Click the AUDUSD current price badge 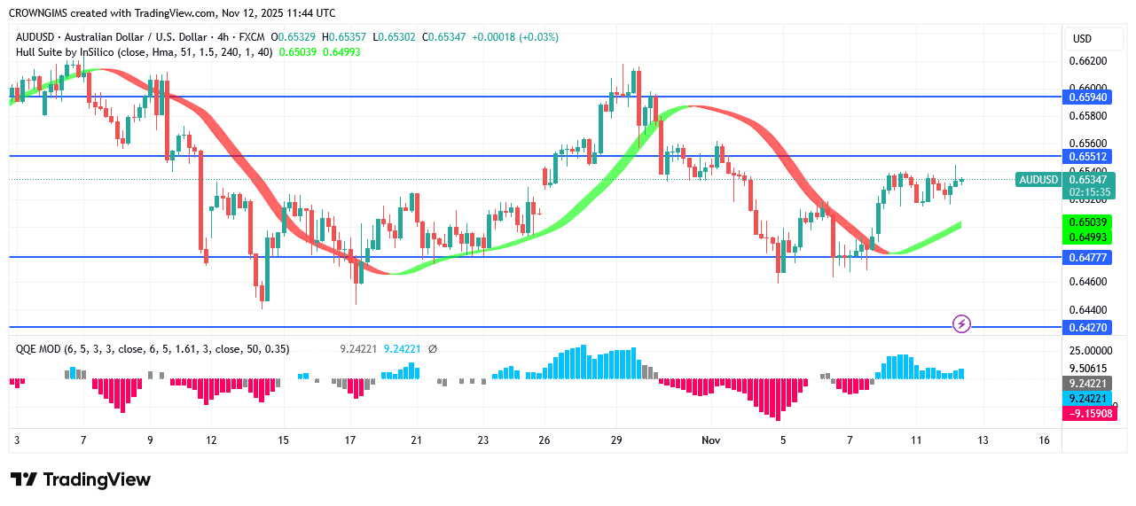tap(1038, 180)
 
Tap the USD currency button tap(1082, 39)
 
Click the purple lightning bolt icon tap(961, 324)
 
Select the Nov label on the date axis tap(711, 440)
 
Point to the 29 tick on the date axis tap(617, 440)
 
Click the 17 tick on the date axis tap(351, 440)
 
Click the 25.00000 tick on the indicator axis tap(1090, 352)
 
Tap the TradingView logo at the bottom tap(81, 479)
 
